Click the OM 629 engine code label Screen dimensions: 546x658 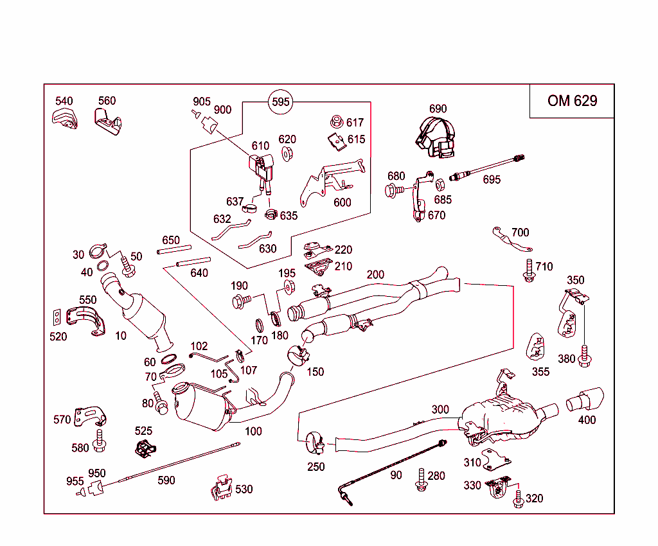coord(572,101)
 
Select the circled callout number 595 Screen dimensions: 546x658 coord(281,101)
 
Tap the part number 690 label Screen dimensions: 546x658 coord(438,109)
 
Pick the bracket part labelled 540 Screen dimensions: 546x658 coord(64,119)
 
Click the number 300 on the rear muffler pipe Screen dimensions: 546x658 coord(440,410)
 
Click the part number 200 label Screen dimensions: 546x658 coord(375,275)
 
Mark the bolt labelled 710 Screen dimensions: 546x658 coord(528,270)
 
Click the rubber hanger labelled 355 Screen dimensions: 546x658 coord(536,347)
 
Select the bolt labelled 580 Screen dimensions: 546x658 coord(100,441)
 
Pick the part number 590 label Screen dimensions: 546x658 coord(166,480)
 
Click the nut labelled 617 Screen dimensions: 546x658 coord(335,121)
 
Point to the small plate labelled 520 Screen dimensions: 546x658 coord(58,316)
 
